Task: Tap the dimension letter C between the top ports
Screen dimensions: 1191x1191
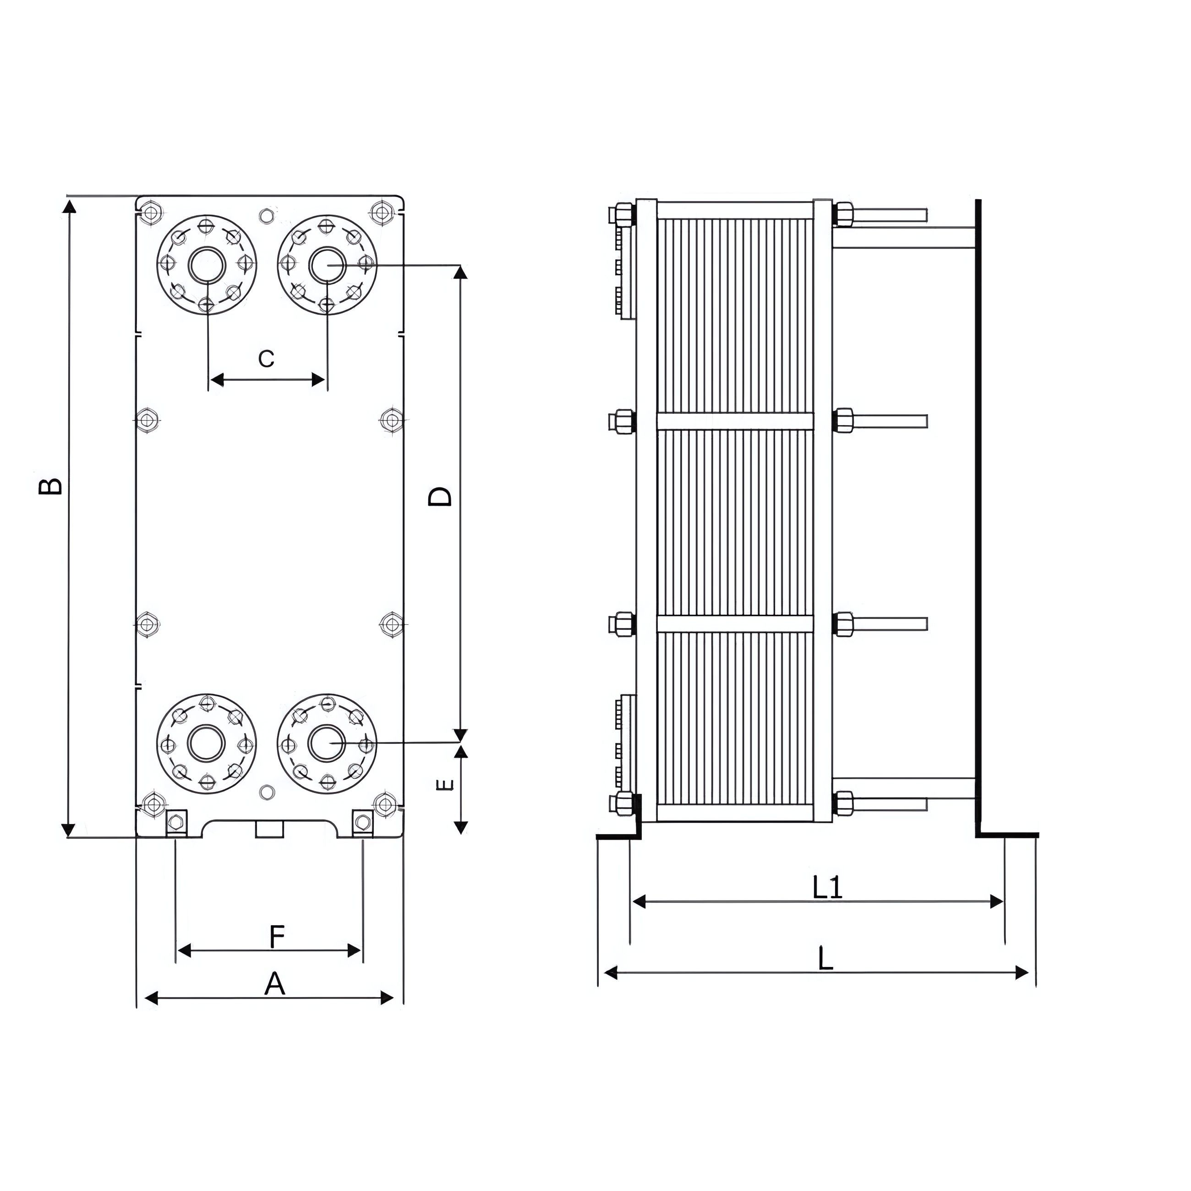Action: click(x=266, y=358)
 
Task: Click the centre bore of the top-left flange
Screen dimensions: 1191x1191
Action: click(x=207, y=265)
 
